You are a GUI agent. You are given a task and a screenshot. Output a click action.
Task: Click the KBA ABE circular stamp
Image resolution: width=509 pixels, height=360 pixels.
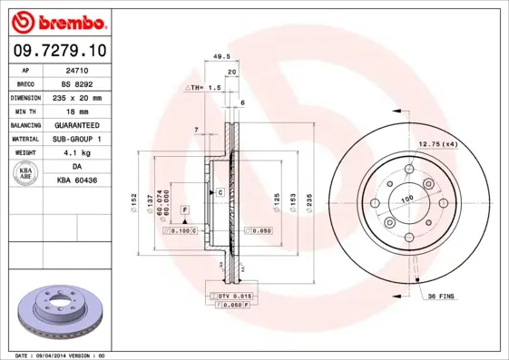tap(25, 173)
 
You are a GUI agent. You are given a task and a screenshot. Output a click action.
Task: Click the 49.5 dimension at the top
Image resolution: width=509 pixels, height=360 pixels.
tap(219, 56)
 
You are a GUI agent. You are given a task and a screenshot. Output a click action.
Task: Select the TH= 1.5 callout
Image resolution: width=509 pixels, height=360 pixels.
tap(204, 87)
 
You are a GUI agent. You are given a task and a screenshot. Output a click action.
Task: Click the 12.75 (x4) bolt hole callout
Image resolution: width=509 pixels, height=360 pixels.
tap(436, 144)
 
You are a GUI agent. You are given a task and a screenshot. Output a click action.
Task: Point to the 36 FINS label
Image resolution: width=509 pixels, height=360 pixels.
tap(441, 297)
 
